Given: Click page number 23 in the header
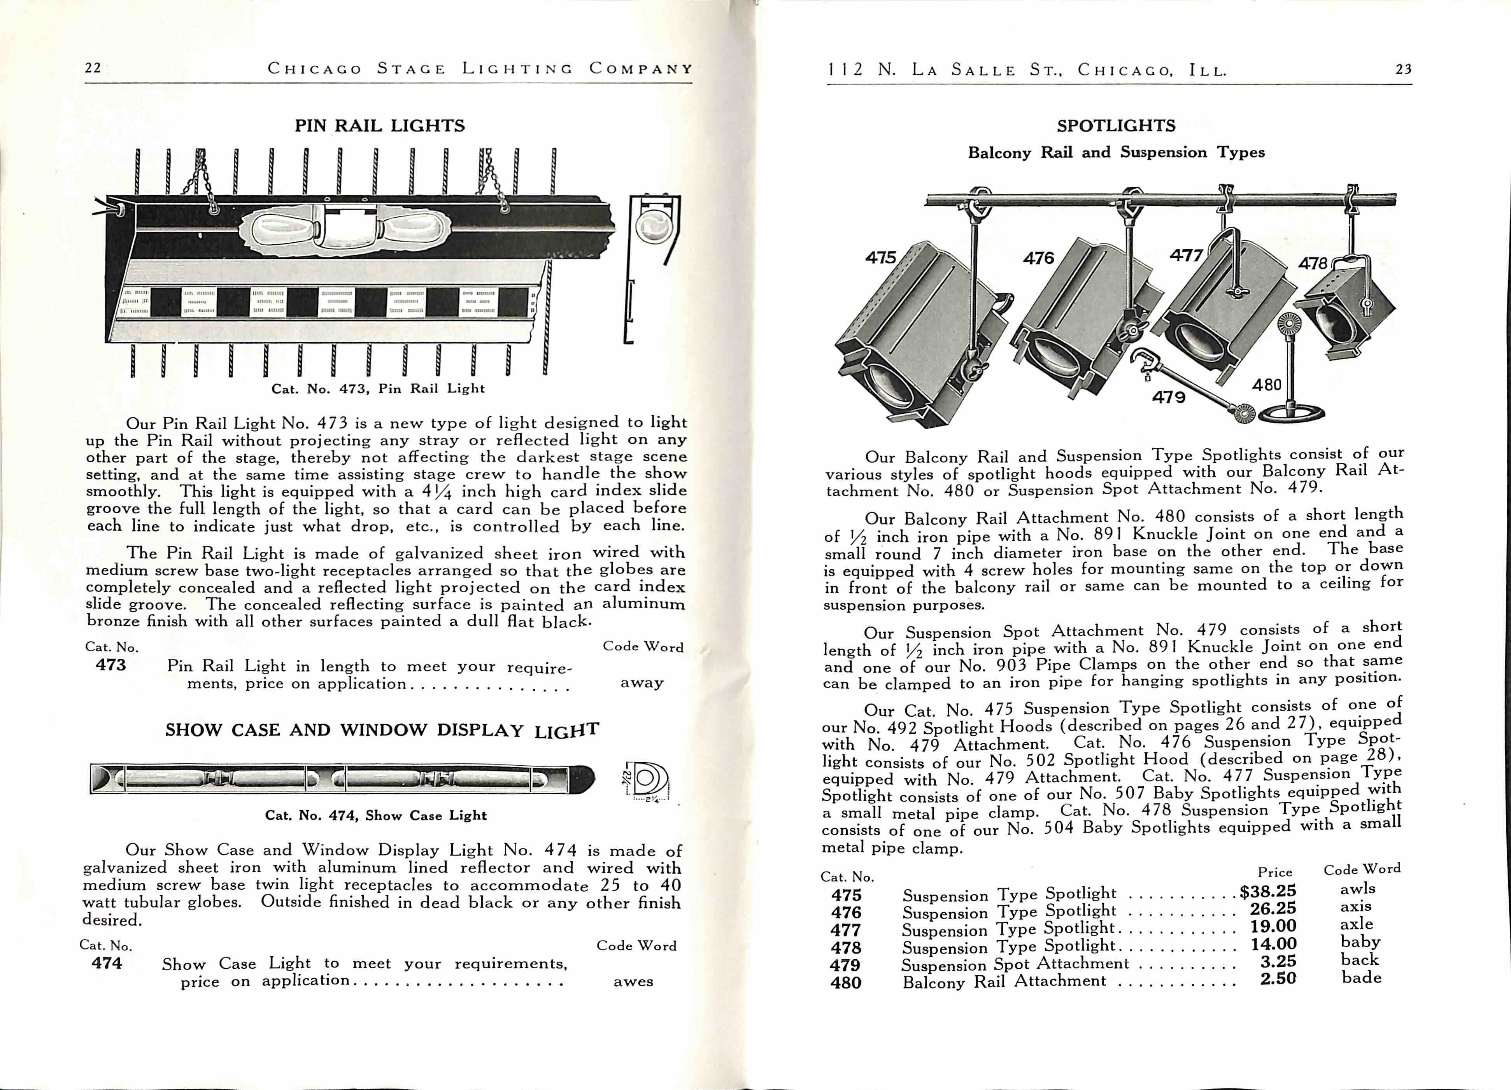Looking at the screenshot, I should coord(1403,69).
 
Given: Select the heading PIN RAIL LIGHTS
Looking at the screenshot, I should coord(380,126).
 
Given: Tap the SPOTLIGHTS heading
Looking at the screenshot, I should coord(1116,126).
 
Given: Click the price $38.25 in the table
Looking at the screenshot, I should coord(1268,891).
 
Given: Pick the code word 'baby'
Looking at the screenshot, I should coord(1360,941).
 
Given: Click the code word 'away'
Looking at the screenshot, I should coord(642,682).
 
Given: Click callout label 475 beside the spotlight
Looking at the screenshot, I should coord(881,257).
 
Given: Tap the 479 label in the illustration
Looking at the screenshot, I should coord(1169,397).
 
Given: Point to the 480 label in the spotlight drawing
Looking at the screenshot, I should coord(1267,385).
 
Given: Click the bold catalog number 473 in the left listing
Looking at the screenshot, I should coord(110,665).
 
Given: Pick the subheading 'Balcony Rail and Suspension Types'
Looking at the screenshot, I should coord(1116,152).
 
